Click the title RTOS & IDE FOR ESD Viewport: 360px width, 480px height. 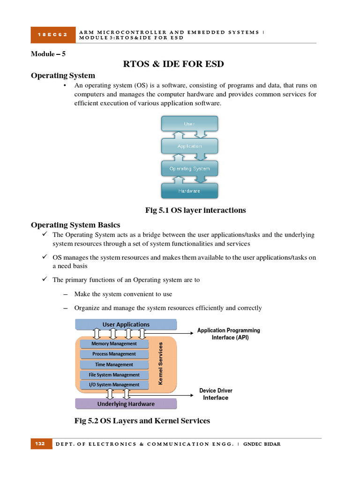tap(173, 64)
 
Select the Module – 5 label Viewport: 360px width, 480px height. tap(48, 54)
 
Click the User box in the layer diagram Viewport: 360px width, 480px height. tap(189, 124)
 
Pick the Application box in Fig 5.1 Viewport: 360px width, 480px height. tap(189, 146)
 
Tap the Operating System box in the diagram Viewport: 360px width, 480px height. tap(189, 168)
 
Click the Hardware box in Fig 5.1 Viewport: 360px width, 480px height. tap(189, 191)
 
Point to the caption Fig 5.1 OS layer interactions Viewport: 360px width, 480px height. tap(195, 210)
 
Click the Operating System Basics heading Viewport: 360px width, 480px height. tap(75, 225)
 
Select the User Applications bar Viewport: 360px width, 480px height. tap(126, 324)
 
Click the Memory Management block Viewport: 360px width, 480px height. tap(114, 344)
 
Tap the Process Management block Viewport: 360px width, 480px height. tap(114, 354)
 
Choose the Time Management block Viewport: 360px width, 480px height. tap(114, 364)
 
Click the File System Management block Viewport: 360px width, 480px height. tap(114, 375)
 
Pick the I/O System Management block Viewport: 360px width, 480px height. tap(114, 385)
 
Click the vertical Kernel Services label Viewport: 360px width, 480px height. tap(161, 363)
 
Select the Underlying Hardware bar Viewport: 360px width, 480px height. tap(126, 404)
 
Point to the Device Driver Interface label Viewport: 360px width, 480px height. tap(216, 394)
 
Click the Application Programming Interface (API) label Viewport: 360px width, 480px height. tap(228, 334)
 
